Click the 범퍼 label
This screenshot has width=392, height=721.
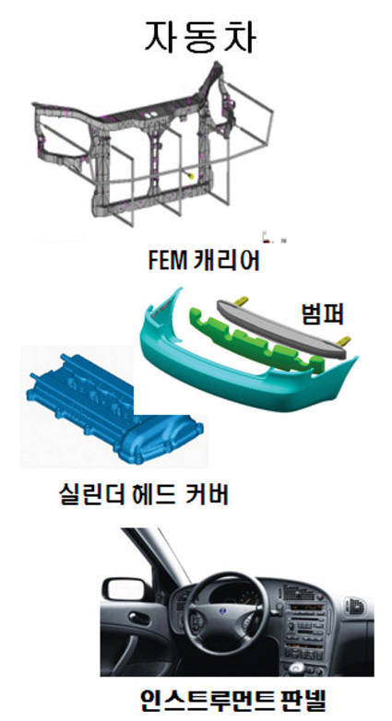pyautogui.click(x=323, y=315)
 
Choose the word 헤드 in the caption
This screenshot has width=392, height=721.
pyautogui.click(x=154, y=494)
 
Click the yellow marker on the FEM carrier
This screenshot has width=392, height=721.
pyautogui.click(x=191, y=175)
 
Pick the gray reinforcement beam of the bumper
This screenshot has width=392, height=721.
pyautogui.click(x=287, y=327)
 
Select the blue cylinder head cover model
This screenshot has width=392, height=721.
pyautogui.click(x=115, y=409)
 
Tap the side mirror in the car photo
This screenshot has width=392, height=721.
pyautogui.click(x=121, y=589)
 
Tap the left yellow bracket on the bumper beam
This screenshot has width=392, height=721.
pyautogui.click(x=241, y=300)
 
